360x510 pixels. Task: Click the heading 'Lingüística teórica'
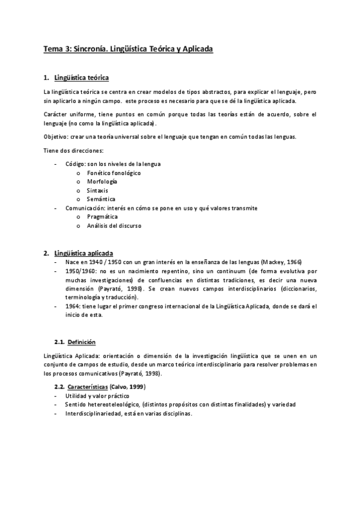pyautogui.click(x=81, y=78)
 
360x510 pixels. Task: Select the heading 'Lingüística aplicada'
pyautogui.click(x=83, y=253)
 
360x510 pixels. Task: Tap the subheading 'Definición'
pyautogui.click(x=81, y=342)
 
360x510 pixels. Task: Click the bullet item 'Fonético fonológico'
pyautogui.click(x=114, y=173)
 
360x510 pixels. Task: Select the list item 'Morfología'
pyautogui.click(x=102, y=182)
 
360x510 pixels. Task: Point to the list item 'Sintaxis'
pyautogui.click(x=98, y=190)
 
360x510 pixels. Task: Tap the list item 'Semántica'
pyautogui.click(x=101, y=199)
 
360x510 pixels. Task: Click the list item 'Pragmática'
pyautogui.click(x=102, y=217)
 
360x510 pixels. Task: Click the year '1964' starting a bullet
pyautogui.click(x=73, y=306)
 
